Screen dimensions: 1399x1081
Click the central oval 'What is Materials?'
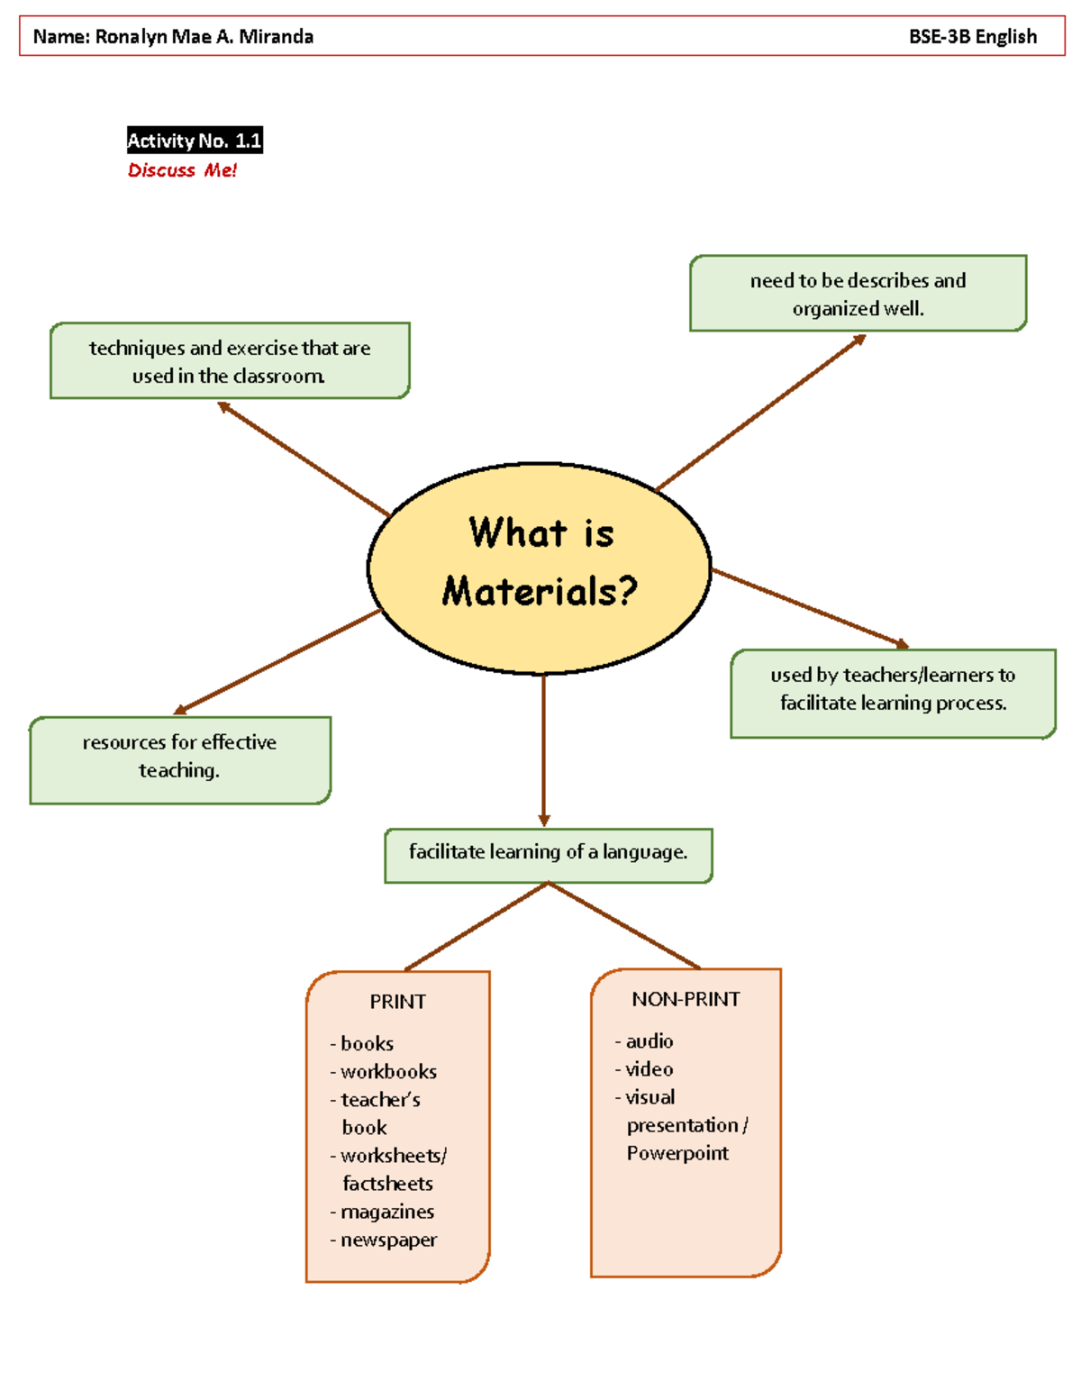[539, 568]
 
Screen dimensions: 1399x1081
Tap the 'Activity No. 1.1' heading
[195, 141]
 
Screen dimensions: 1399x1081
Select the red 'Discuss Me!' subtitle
[182, 170]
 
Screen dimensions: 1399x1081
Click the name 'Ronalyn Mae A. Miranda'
[204, 37]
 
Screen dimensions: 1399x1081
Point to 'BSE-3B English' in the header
[972, 37]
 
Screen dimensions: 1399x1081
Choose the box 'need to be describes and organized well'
[858, 294]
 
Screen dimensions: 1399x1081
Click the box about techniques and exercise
[230, 361]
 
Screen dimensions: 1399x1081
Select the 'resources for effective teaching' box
[180, 757]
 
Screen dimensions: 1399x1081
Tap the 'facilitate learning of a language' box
[548, 852]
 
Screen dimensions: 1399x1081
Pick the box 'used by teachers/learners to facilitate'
[893, 689]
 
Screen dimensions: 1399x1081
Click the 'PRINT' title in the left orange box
[397, 1002]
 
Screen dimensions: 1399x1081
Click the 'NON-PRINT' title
[686, 999]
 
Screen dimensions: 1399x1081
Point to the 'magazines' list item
[387, 1212]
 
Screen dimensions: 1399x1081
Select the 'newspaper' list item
[388, 1240]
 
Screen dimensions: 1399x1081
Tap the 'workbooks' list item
[388, 1071]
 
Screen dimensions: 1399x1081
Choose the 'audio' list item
[650, 1041]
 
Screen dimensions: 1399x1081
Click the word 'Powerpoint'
[677, 1153]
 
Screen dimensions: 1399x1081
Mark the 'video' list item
[650, 1069]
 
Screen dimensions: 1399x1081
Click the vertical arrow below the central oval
[543, 748]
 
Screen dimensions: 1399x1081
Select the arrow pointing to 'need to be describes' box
[761, 413]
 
